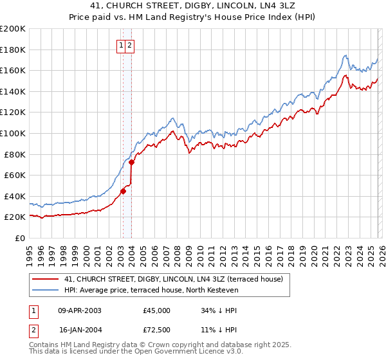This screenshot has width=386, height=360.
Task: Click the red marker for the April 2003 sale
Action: (123, 190)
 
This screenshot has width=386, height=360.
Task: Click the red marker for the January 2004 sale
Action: (131, 162)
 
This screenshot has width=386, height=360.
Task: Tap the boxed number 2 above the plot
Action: (130, 45)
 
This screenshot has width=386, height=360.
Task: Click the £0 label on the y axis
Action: (19, 238)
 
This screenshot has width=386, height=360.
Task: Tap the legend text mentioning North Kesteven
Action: (151, 290)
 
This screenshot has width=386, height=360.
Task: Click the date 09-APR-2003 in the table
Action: (80, 310)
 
